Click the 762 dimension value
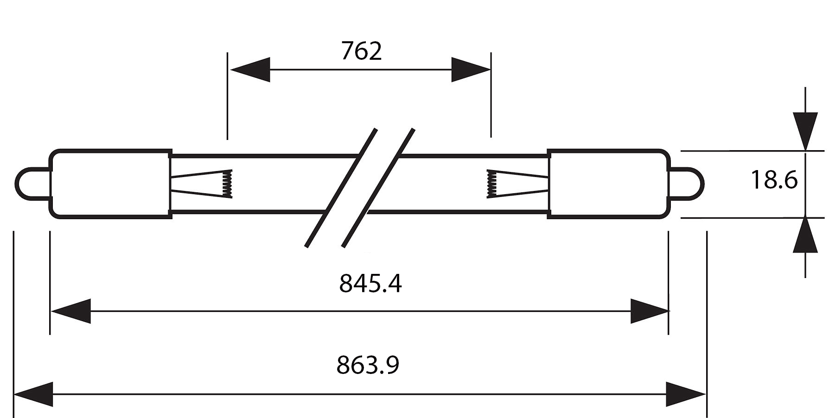tap(361, 51)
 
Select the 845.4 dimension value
tap(370, 283)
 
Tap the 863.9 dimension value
tap(368, 365)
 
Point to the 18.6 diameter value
tap(774, 180)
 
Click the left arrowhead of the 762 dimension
tap(250, 70)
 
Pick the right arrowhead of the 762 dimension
tap(471, 70)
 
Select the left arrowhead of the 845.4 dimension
tap(71, 311)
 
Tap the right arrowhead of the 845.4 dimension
tap(649, 311)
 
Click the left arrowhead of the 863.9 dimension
tap(34, 394)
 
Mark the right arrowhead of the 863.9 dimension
tap(686, 394)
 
